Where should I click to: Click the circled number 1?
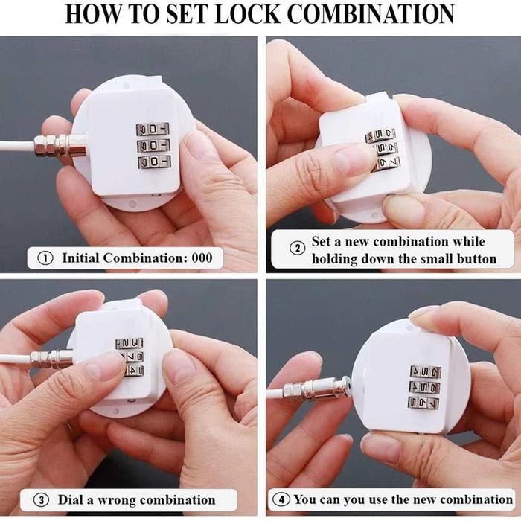46,258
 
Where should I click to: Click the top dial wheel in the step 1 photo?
153,129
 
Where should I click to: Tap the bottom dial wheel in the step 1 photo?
153,162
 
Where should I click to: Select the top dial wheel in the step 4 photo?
425,371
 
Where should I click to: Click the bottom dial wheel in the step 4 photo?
423,403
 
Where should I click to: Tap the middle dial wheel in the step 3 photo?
130,357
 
